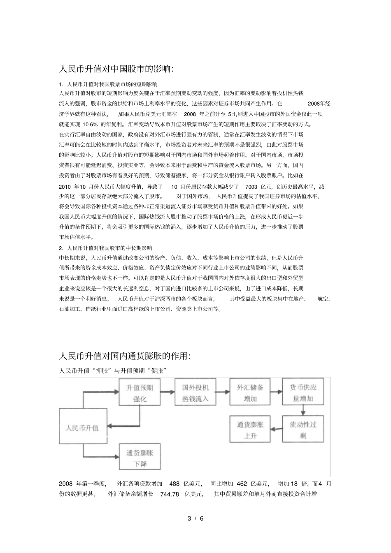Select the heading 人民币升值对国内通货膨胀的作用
pyautogui.click(x=125, y=356)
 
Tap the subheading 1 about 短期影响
pyautogui.click(x=106, y=84)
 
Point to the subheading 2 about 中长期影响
pyautogui.click(x=106, y=248)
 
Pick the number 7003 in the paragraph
pyautogui.click(x=251, y=186)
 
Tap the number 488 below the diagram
pyautogui.click(x=175, y=484)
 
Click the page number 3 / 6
pyautogui.click(x=195, y=518)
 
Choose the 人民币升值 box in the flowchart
pyautogui.click(x=82, y=428)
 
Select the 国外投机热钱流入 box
pyautogui.click(x=195, y=393)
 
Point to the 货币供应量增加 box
pyautogui.click(x=303, y=393)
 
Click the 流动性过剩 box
pyautogui.click(x=303, y=429)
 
